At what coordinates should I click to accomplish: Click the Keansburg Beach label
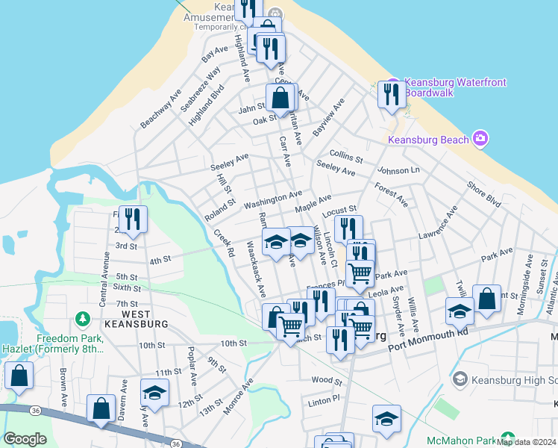click(429, 140)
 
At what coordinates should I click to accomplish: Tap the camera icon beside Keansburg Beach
click(480, 139)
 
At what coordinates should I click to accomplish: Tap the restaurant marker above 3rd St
click(133, 219)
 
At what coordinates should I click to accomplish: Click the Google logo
click(25, 439)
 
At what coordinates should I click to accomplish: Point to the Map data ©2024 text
click(526, 442)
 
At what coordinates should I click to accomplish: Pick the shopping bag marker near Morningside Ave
click(486, 299)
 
